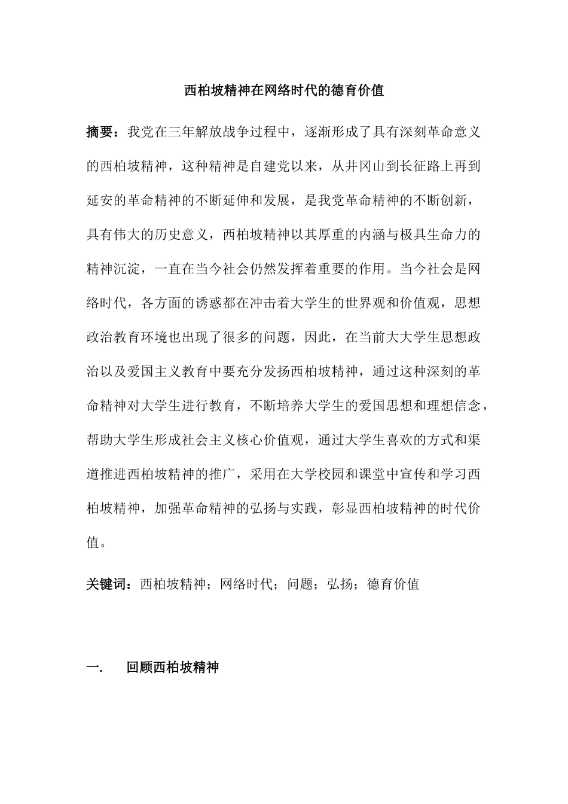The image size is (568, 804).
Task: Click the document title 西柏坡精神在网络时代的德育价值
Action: click(283, 91)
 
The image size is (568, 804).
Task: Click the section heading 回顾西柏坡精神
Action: click(173, 667)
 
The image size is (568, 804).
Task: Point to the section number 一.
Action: click(94, 667)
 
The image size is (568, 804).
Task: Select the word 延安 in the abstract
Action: click(100, 200)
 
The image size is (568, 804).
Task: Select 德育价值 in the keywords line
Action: click(393, 584)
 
